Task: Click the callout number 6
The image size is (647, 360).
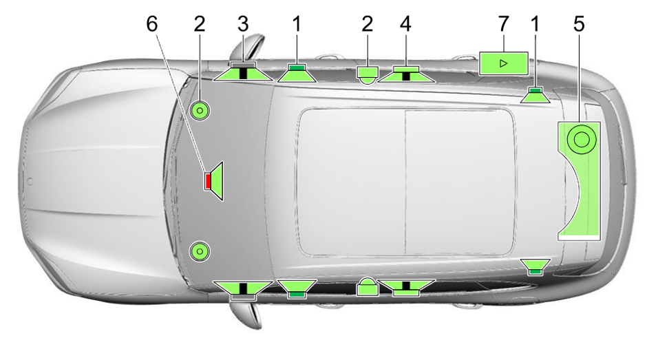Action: click(152, 24)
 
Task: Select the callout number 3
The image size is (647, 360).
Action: click(243, 24)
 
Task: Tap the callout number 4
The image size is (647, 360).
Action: click(405, 24)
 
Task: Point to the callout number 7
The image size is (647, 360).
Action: click(503, 24)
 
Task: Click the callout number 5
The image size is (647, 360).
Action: click(579, 24)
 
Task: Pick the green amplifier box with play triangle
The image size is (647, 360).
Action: click(503, 63)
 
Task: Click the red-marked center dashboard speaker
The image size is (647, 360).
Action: click(214, 181)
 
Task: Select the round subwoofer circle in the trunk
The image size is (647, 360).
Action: click(582, 140)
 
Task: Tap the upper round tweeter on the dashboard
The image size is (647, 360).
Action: click(200, 111)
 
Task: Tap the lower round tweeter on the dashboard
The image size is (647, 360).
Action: click(200, 251)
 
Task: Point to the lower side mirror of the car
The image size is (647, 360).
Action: click(246, 315)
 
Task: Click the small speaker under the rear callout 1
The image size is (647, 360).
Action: click(535, 96)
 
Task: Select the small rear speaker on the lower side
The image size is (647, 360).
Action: click(535, 266)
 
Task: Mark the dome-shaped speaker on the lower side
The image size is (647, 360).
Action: click(368, 286)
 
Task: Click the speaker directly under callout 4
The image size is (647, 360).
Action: click(406, 74)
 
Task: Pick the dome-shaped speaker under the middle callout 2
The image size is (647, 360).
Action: click(368, 75)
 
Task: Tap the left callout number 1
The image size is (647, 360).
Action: click(297, 24)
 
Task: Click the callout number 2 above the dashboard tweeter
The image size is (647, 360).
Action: click(200, 24)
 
